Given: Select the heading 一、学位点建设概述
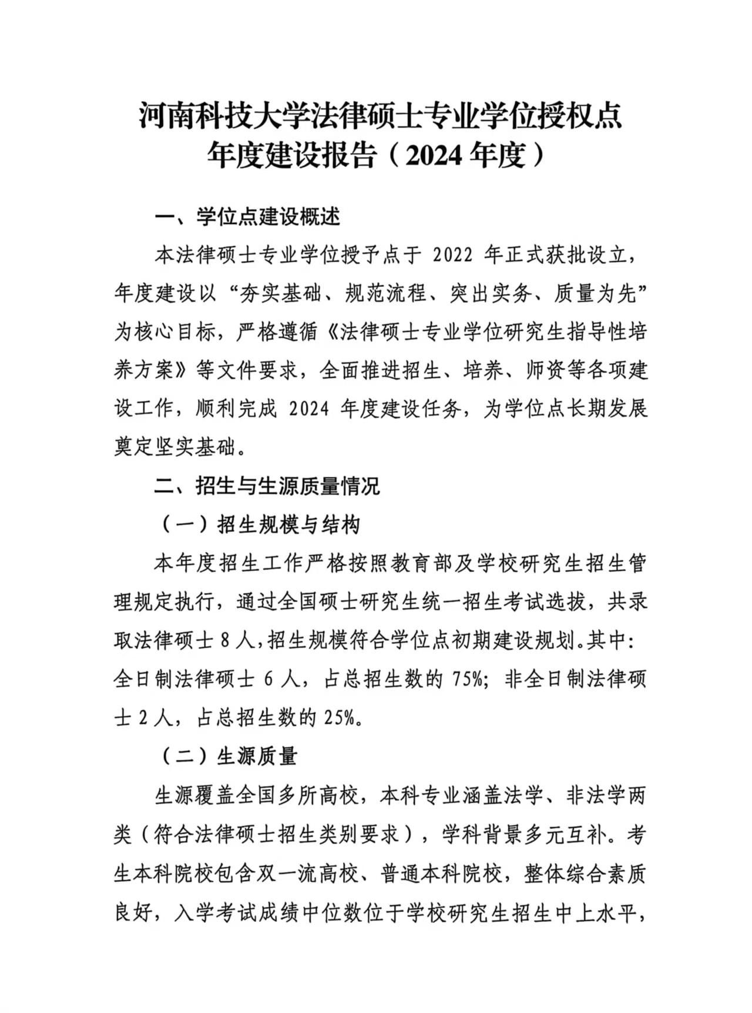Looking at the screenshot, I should click(x=247, y=218).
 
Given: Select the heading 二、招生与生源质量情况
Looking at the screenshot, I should click(x=267, y=486).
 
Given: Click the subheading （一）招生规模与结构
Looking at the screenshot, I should click(x=258, y=524).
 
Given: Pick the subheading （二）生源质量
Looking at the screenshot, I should click(x=229, y=757).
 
